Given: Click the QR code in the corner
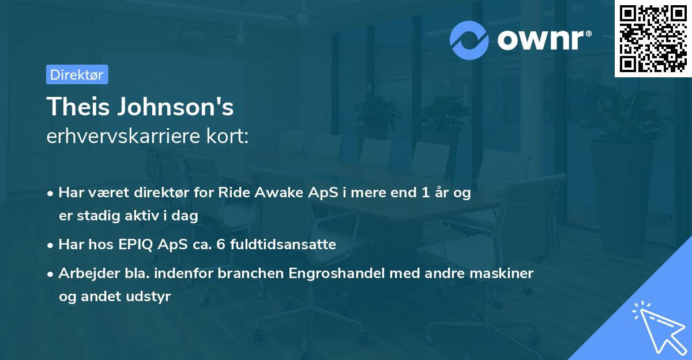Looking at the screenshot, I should (653, 39).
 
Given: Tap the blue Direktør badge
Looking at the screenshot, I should (77, 74).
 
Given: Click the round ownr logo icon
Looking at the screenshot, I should (469, 39).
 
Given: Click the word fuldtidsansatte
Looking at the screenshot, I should (283, 245).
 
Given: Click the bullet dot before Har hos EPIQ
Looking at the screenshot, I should (51, 245).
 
